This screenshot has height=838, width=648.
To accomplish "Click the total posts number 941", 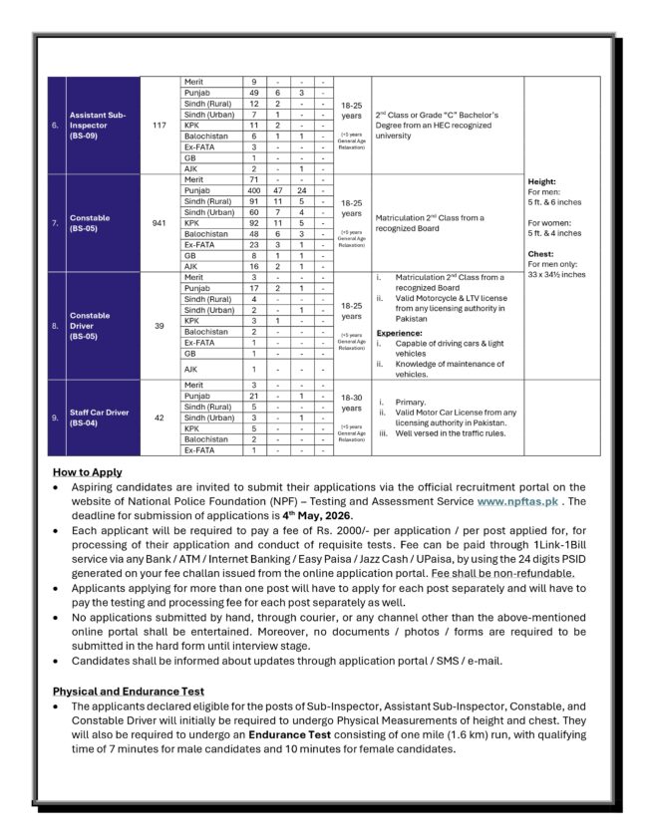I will pyautogui.click(x=160, y=223).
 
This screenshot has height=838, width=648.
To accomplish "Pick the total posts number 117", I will pyautogui.click(x=160, y=125).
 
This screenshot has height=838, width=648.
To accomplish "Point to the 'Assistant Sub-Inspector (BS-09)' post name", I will pyautogui.click(x=101, y=125).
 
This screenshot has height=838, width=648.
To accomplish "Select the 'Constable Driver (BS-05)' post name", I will pyautogui.click(x=91, y=326).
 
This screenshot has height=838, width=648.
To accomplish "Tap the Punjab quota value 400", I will pyautogui.click(x=254, y=189).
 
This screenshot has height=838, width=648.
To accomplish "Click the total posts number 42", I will pyautogui.click(x=160, y=418).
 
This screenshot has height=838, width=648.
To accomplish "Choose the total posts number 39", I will pyautogui.click(x=160, y=326).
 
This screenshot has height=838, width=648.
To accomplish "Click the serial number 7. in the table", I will pyautogui.click(x=55, y=223).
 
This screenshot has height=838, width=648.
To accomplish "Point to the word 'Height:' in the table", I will pyautogui.click(x=542, y=181).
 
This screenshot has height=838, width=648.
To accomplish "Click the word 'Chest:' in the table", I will pyautogui.click(x=541, y=253).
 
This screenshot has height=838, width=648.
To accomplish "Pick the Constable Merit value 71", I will pyautogui.click(x=254, y=179).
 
